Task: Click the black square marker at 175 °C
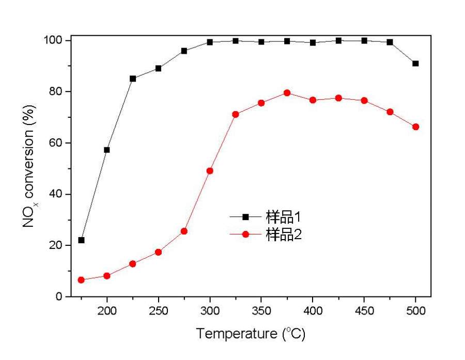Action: click(81, 240)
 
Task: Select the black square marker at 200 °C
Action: click(107, 150)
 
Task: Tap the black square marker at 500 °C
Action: click(415, 64)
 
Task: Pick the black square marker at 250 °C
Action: click(158, 68)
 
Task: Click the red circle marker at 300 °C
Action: click(210, 171)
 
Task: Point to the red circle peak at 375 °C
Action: click(287, 93)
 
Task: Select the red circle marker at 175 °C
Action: click(81, 280)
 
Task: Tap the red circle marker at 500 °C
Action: click(415, 127)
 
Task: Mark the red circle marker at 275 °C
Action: click(184, 231)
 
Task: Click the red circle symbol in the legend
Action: click(245, 234)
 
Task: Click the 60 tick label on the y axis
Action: click(57, 143)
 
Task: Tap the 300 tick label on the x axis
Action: click(210, 311)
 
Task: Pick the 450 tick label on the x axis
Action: click(364, 311)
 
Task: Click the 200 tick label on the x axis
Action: click(107, 311)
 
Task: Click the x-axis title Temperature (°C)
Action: click(251, 334)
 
